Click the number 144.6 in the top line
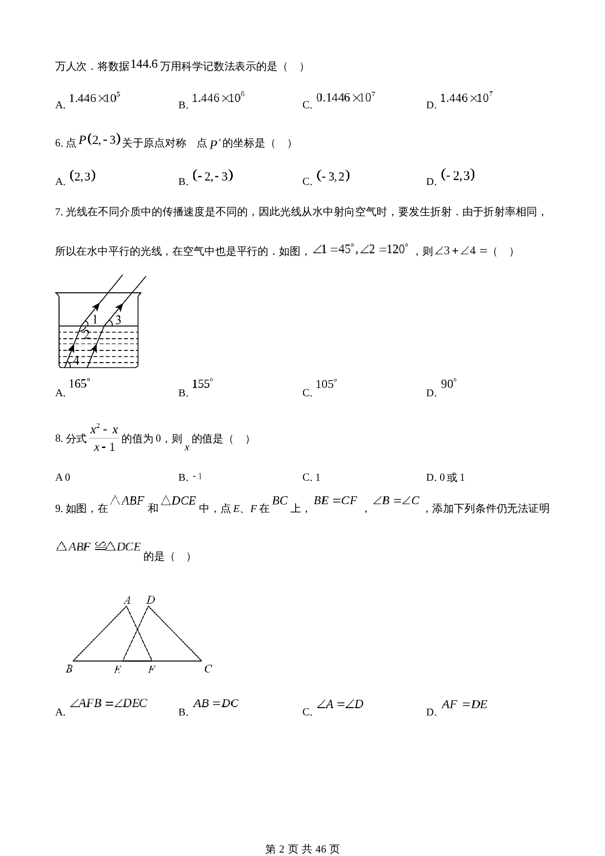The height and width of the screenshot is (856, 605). [144, 64]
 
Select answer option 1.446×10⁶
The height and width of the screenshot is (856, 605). [218, 98]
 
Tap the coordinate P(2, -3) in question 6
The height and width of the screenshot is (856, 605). [99, 140]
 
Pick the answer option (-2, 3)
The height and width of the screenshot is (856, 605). [458, 175]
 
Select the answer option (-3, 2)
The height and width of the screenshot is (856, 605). [333, 176]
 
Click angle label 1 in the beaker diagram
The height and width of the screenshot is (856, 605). [95, 319]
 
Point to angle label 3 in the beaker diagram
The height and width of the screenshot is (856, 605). [118, 320]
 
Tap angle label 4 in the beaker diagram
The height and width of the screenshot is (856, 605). [76, 361]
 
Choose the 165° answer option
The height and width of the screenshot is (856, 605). [79, 384]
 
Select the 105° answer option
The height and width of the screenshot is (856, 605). [326, 385]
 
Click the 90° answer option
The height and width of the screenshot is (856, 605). [448, 384]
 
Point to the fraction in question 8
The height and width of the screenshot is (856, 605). [104, 438]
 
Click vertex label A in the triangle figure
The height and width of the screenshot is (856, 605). [127, 600]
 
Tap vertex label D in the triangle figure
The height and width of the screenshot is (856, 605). [151, 600]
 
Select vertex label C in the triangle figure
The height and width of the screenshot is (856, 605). [208, 669]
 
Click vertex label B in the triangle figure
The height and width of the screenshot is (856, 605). [69, 669]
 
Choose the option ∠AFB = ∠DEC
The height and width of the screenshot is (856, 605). [108, 703]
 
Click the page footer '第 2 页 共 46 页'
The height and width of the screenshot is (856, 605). [302, 836]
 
